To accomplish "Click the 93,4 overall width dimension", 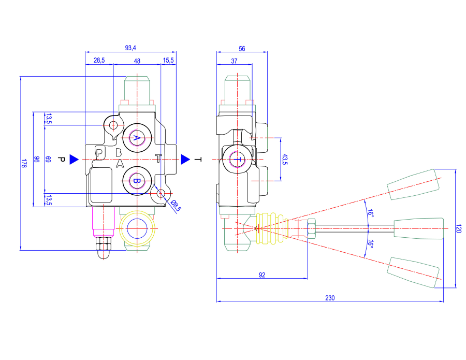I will click(x=130, y=48).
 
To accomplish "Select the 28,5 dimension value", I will click(x=99, y=61).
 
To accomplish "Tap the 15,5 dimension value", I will click(x=168, y=61).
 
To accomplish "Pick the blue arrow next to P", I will click(x=74, y=159).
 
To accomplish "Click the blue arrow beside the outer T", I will click(x=185, y=159).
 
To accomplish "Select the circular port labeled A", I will click(x=137, y=137).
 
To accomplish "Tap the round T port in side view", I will click(x=238, y=160).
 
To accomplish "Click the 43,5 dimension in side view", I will click(x=284, y=160).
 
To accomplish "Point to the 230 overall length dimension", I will click(x=330, y=298).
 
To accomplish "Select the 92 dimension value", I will click(x=262, y=275).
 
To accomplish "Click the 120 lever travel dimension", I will click(x=458, y=228).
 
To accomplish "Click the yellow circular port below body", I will click(x=137, y=228).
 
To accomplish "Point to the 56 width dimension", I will click(x=242, y=49).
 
